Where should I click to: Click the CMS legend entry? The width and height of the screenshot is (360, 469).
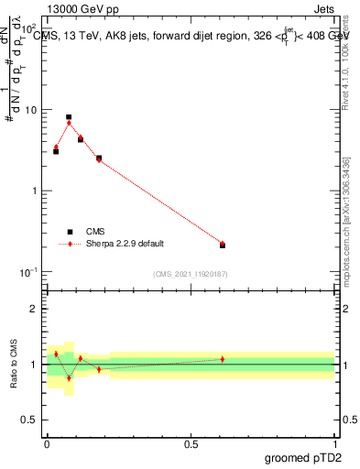click(95, 232)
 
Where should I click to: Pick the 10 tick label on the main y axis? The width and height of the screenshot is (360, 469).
click(30, 110)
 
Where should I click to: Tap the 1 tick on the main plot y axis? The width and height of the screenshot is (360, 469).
click(35, 191)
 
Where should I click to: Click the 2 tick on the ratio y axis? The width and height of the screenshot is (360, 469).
click(35, 309)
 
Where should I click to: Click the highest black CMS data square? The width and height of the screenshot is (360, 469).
click(69, 117)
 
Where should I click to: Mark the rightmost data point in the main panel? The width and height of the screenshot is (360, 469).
click(223, 245)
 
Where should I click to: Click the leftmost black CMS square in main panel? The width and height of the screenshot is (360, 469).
click(56, 151)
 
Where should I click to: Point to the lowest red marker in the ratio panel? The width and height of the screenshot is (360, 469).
click(69, 377)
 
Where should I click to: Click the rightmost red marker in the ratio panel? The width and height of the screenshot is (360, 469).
click(223, 359)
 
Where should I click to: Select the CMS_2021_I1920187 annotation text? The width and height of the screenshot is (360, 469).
click(190, 274)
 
